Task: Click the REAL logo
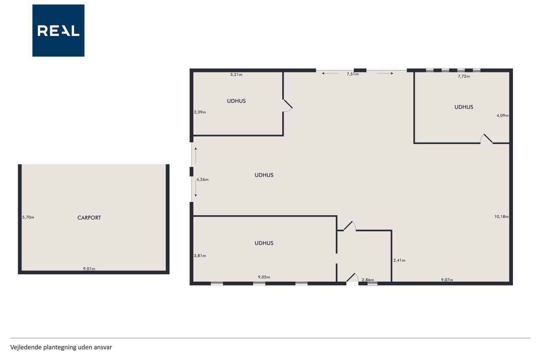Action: [58, 31]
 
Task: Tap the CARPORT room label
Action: [89, 218]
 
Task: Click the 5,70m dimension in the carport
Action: [28, 217]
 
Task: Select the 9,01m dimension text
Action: [89, 268]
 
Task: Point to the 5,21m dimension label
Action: [236, 75]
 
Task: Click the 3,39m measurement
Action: [200, 112]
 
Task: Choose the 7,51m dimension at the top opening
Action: [353, 74]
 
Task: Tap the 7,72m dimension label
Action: [464, 76]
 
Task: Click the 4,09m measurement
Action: [502, 116]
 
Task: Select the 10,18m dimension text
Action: [502, 217]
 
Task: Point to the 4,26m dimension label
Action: [202, 179]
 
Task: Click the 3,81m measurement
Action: [200, 256]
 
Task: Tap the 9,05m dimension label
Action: [264, 277]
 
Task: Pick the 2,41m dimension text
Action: [399, 260]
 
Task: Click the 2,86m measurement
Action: [368, 280]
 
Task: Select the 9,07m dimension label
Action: [447, 280]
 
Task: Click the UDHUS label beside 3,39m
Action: [236, 101]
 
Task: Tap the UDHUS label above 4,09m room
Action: [464, 107]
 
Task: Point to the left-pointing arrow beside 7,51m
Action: [330, 73]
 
